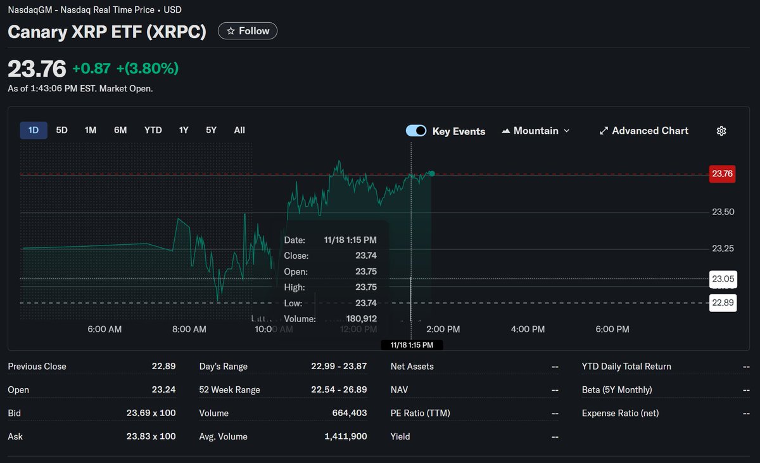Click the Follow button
(x=248, y=31)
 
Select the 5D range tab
(x=61, y=130)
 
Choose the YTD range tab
(x=153, y=130)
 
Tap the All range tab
(x=239, y=130)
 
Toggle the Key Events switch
(x=416, y=131)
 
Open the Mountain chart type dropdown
(x=536, y=131)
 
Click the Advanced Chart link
(x=643, y=131)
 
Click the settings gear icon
(x=721, y=131)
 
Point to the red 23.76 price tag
(x=723, y=174)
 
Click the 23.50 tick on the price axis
(x=723, y=212)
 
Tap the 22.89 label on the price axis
(x=723, y=303)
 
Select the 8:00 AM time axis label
(x=189, y=329)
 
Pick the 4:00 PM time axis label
(x=528, y=329)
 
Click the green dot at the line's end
(x=432, y=173)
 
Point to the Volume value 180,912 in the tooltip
(x=362, y=319)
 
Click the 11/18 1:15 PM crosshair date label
(x=412, y=345)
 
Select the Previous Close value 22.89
(x=163, y=366)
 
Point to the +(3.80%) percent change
(x=148, y=68)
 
